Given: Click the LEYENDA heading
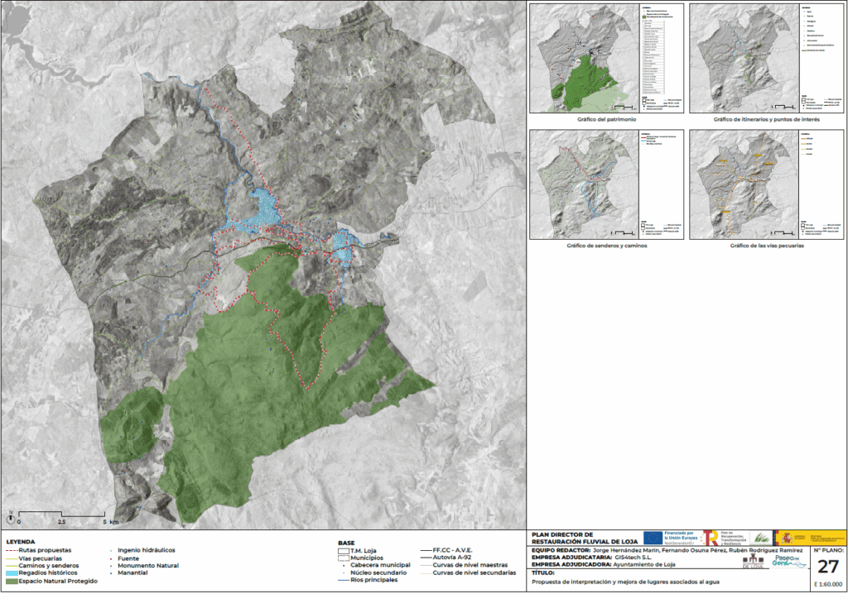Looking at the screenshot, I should [x=20, y=543].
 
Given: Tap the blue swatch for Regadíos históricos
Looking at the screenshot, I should [x=12, y=572].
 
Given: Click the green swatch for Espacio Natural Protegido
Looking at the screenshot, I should [x=12, y=581].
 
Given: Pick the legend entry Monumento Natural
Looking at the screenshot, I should [x=148, y=565].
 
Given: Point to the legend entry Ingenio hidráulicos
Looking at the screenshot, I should [x=147, y=550].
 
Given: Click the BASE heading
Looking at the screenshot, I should [x=346, y=543].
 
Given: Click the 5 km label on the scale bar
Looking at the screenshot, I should [x=113, y=523].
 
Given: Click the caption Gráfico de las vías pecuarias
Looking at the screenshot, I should [x=768, y=246].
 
